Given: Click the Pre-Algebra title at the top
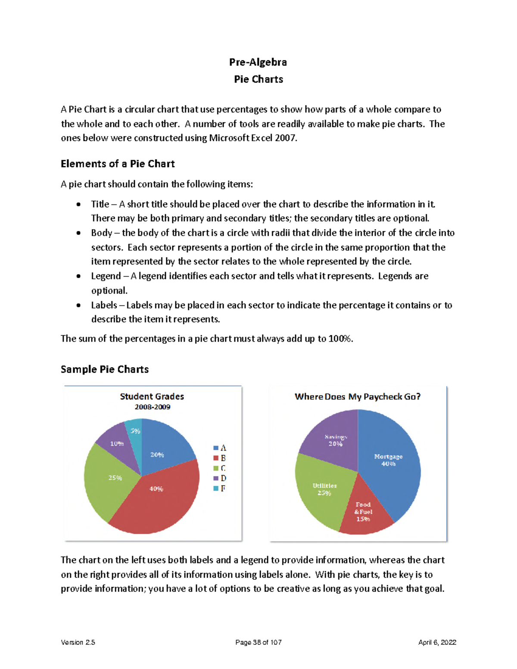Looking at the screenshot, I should point(258,62).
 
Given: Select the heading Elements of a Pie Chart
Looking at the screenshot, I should point(118,164).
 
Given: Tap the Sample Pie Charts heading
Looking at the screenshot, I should point(105,369).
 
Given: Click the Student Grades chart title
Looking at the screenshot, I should point(152,396).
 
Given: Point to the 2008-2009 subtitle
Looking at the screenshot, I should point(152,407).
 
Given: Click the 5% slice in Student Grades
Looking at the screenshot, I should point(135,431).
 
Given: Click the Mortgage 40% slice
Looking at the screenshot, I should point(388,460).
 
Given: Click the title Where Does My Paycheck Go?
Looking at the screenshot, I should point(358,396).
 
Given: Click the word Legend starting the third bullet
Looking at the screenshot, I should point(106,276).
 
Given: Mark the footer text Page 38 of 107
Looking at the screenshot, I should point(258,642).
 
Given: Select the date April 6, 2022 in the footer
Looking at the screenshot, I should point(437,642).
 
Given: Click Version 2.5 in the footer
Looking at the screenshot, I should point(78,642).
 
